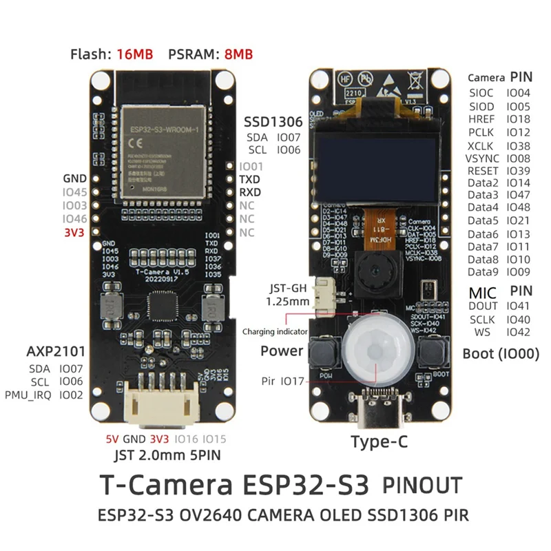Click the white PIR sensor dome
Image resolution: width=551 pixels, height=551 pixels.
pos(376,351)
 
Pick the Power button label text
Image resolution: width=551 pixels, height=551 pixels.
pos(282,351)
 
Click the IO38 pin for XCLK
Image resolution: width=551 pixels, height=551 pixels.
pos(519,146)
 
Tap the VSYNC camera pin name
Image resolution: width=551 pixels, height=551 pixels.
pos(483,158)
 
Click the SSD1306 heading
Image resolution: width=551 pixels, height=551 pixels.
pos(272,122)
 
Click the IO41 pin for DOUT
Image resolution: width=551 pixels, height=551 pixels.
pos(519,306)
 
